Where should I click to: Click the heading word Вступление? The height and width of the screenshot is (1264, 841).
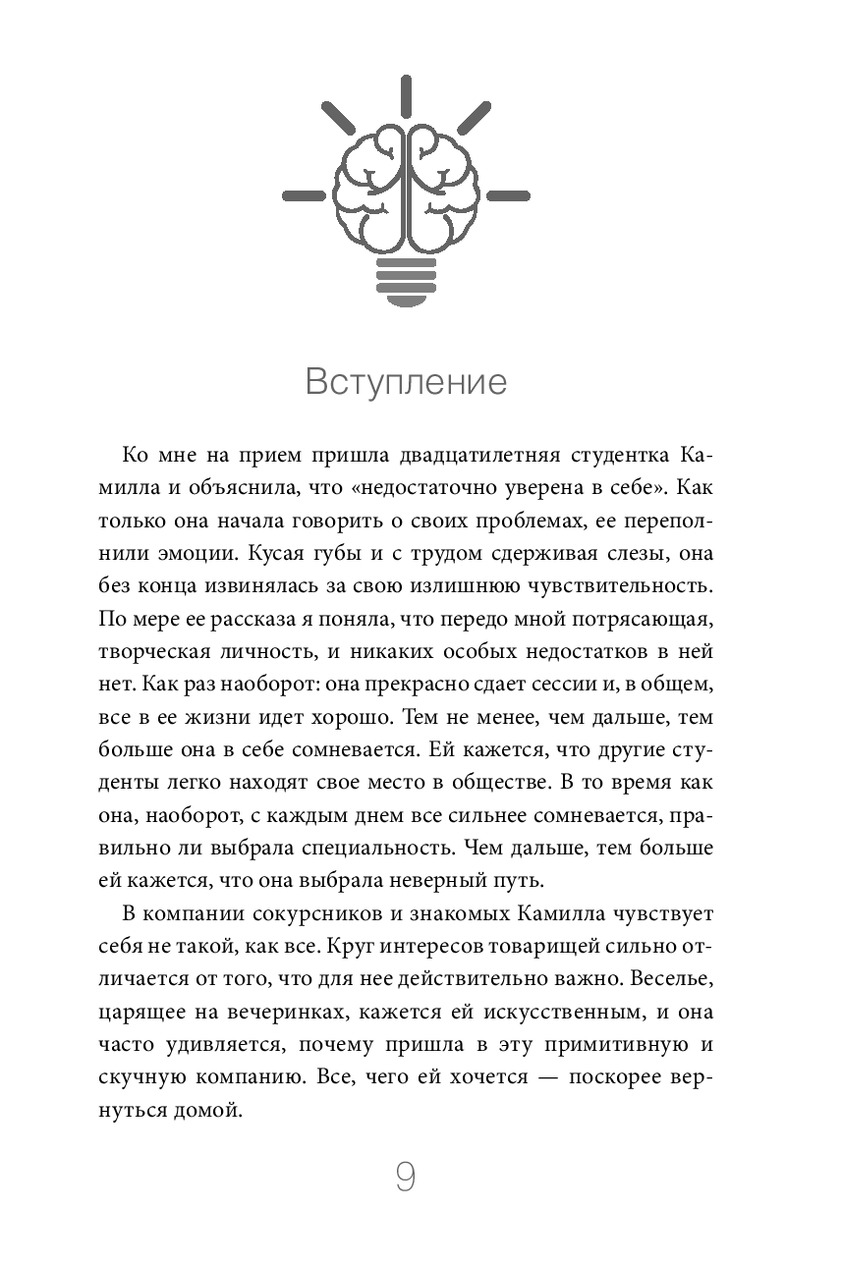tap(406, 381)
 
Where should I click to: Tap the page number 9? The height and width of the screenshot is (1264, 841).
tap(406, 1177)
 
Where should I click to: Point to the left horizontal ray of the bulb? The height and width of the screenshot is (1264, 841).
tap(304, 192)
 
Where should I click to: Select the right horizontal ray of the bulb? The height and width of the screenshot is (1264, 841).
tap(509, 192)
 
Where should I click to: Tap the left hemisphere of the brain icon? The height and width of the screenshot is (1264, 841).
tap(368, 192)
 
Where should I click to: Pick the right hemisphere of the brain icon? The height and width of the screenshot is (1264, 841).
tap(443, 192)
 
